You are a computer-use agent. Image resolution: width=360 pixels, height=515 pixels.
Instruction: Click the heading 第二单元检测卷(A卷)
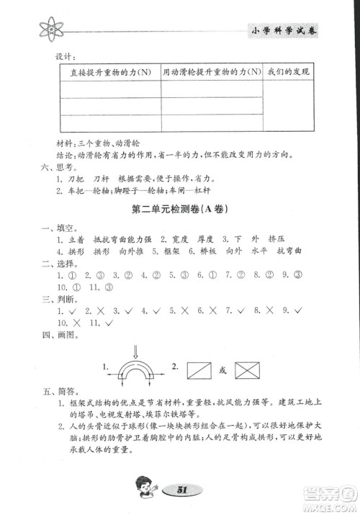[180, 211]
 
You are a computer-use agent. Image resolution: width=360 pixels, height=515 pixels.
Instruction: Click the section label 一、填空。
[57, 229]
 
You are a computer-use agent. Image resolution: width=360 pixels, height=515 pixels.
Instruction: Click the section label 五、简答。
[57, 394]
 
